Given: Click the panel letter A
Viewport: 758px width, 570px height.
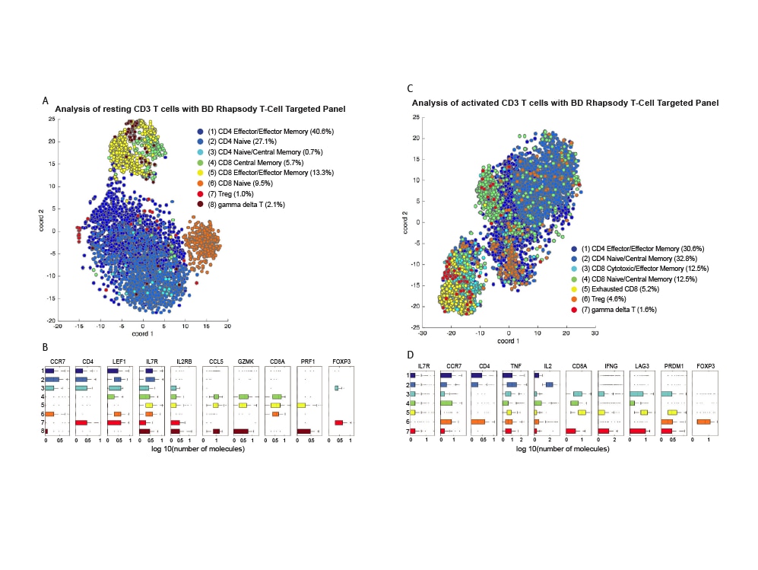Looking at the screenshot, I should click(x=46, y=100).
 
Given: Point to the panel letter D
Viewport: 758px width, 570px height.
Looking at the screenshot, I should click(x=410, y=355).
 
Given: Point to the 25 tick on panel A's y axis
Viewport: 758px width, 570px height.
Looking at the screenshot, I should click(x=51, y=119).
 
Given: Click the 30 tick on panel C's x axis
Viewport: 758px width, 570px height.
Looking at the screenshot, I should click(x=595, y=333).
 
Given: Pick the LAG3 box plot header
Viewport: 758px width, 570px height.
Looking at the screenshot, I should click(x=642, y=367).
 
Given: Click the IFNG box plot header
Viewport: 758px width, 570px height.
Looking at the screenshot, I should click(x=610, y=367).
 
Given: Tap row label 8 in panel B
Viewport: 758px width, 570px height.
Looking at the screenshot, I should click(x=43, y=431).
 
